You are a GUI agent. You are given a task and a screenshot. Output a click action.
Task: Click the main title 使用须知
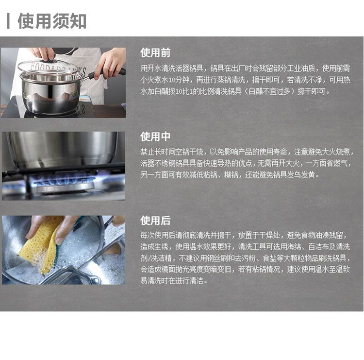point(52,21)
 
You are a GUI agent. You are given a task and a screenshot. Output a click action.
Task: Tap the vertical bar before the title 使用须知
point(8,21)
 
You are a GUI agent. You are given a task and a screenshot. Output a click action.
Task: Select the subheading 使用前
point(155,53)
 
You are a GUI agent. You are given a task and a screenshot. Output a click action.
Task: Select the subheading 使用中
point(155,137)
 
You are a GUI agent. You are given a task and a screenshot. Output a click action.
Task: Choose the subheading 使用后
point(155,220)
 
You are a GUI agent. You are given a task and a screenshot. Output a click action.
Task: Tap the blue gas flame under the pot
point(64,180)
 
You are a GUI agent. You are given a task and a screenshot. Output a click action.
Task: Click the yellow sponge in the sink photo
point(41,244)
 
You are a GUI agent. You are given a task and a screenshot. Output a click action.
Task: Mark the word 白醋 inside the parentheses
point(255,91)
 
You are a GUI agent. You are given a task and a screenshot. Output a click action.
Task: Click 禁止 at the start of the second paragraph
point(147,152)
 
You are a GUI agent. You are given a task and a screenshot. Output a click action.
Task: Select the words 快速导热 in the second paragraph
point(217,163)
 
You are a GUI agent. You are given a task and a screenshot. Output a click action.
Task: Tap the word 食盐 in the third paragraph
point(269,258)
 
